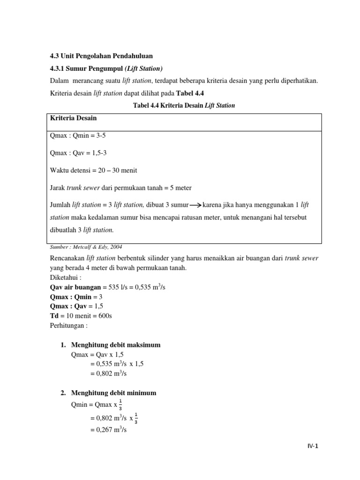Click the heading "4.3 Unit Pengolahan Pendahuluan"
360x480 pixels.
click(102, 56)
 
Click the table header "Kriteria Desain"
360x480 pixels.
click(73, 119)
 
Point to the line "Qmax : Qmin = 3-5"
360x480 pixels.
click(81, 136)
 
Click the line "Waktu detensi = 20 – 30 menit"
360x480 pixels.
click(93, 170)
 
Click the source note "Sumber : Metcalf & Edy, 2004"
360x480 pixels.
click(86, 247)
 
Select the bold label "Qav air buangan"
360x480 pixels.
click(75, 287)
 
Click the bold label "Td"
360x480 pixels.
click(54, 315)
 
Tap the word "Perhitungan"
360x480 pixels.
click(68, 325)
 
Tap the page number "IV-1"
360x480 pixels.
click(309, 446)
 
